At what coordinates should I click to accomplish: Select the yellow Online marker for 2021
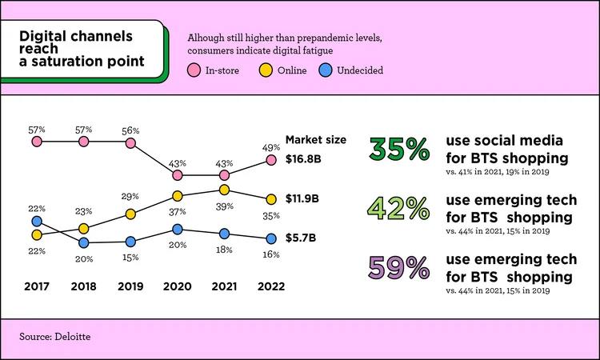coord(225,190)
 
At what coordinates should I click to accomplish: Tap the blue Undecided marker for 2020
coord(178,230)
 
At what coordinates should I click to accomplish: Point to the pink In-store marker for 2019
coord(130,142)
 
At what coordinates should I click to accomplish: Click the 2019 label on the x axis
coord(130,286)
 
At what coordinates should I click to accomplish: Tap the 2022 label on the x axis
coord(270,286)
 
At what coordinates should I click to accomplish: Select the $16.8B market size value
coord(303,158)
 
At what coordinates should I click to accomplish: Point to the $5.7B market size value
coord(302,238)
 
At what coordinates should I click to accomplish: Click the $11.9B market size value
coord(303,198)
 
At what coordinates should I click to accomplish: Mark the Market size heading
coord(315,139)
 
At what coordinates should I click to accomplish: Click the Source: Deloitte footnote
coord(54,337)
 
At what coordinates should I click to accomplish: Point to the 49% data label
coord(270,146)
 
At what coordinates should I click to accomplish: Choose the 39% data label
coord(225,206)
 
